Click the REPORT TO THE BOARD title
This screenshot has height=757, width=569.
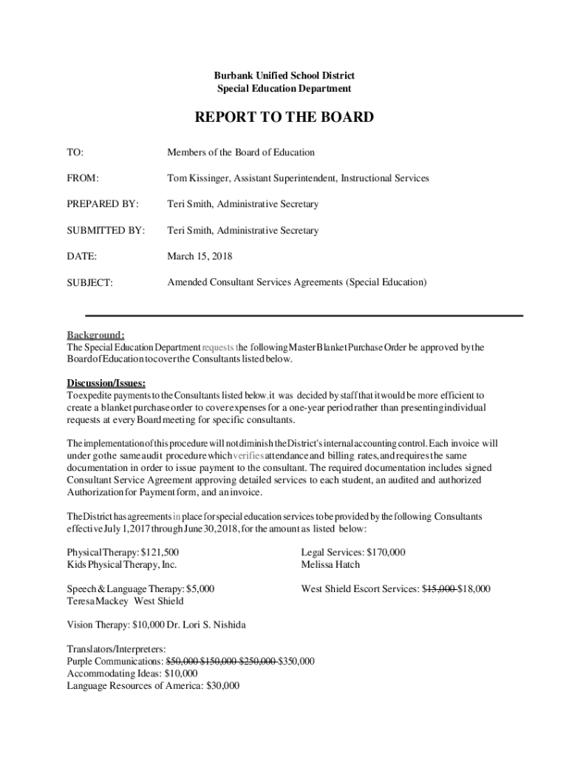[284, 118]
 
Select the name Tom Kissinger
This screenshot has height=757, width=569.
[199, 178]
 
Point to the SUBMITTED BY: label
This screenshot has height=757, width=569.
[106, 231]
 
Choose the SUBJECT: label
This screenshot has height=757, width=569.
[90, 282]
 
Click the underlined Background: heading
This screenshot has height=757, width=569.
[96, 334]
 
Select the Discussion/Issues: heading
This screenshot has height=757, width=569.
[106, 382]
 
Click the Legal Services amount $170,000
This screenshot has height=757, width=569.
[385, 552]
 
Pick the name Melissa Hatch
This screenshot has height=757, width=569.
[330, 565]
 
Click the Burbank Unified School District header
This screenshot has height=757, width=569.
[284, 75]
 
